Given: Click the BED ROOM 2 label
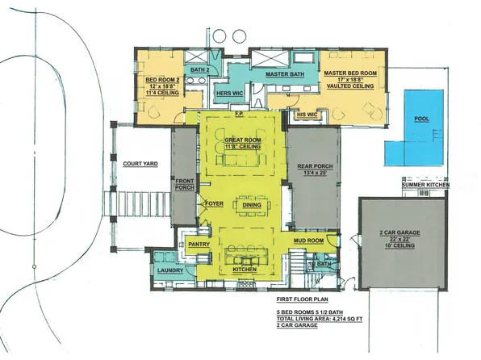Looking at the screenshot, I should [161, 81].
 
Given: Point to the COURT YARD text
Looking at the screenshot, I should [139, 164].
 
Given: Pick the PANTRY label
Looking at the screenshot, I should [199, 243].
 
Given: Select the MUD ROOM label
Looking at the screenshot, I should [308, 241].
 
